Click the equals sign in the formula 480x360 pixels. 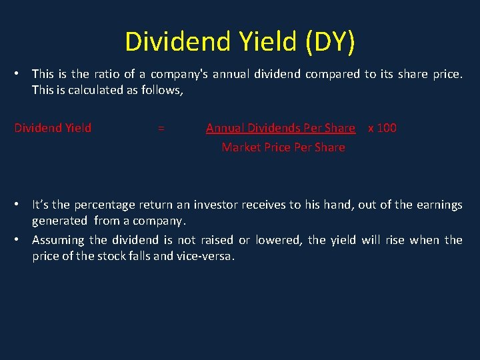[x=161, y=128]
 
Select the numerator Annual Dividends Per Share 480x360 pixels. [x=280, y=128]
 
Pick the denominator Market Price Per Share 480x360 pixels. [x=283, y=147]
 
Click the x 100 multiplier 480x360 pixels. [x=382, y=128]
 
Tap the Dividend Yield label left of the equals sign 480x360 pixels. [x=53, y=128]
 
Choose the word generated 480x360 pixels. [x=59, y=221]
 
